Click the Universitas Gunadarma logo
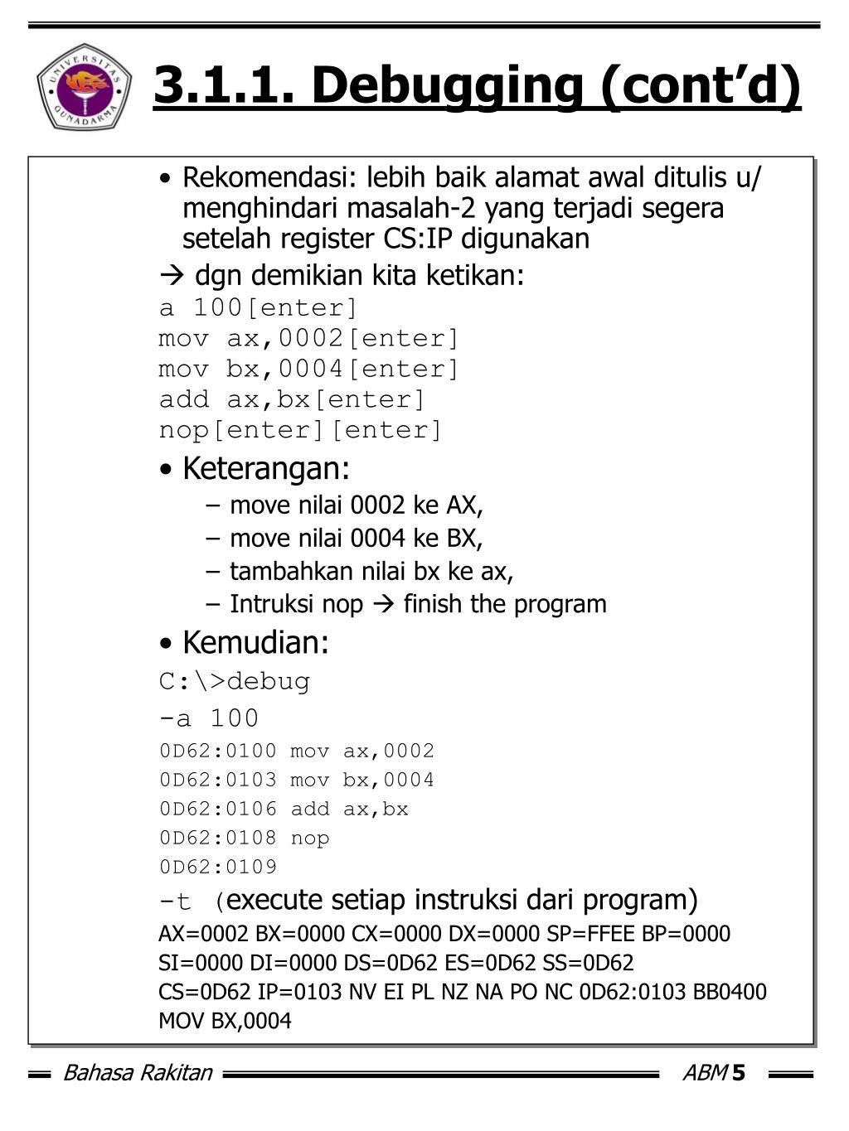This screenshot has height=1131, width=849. click(x=84, y=87)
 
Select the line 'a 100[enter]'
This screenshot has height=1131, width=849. click(x=258, y=308)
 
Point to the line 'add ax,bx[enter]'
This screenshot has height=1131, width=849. click(x=292, y=399)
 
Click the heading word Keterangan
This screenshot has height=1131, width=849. click(x=265, y=468)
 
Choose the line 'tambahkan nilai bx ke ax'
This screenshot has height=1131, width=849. click(x=371, y=572)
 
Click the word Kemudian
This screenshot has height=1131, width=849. click(x=255, y=642)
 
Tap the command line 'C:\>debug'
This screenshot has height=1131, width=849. click(x=235, y=682)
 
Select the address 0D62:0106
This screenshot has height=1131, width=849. click(x=218, y=810)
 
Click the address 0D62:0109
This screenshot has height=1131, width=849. click(x=218, y=868)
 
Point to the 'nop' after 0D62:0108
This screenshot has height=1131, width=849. click(x=310, y=839)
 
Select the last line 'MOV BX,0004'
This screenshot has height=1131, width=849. click(x=225, y=1021)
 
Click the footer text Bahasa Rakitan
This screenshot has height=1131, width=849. click(x=138, y=1074)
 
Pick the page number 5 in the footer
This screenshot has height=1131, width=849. click(x=739, y=1074)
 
